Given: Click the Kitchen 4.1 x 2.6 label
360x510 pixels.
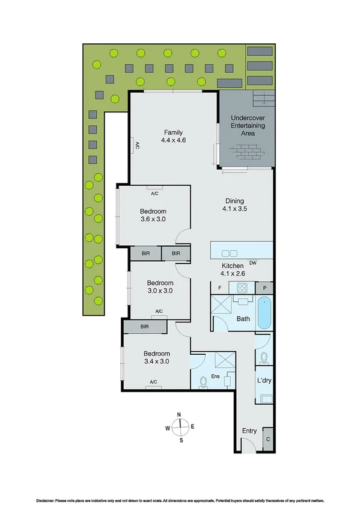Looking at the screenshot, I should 233,269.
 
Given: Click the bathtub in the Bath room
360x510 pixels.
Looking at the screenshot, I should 264,313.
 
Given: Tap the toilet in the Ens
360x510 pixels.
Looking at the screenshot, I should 204,381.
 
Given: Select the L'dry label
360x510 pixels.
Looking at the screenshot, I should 264,381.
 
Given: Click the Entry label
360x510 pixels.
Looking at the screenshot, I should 249,431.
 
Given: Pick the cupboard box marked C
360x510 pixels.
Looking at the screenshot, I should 267,438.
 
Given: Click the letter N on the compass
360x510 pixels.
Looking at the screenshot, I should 179,414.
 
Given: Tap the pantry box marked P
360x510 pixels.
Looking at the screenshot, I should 264,289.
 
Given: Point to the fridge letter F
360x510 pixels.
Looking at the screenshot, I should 220,289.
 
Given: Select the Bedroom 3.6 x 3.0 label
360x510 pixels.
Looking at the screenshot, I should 153,215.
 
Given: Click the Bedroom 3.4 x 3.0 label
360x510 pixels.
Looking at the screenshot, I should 156,358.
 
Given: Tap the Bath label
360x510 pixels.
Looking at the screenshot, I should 243,319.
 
